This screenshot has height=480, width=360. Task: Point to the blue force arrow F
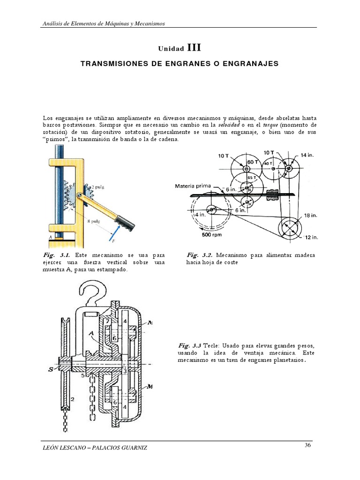112,233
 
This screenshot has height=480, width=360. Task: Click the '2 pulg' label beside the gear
97,186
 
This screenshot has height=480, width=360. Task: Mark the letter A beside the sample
50,238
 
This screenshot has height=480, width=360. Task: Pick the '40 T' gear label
268,164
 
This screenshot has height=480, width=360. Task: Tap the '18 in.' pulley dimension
311,216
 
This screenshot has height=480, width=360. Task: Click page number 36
308,445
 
